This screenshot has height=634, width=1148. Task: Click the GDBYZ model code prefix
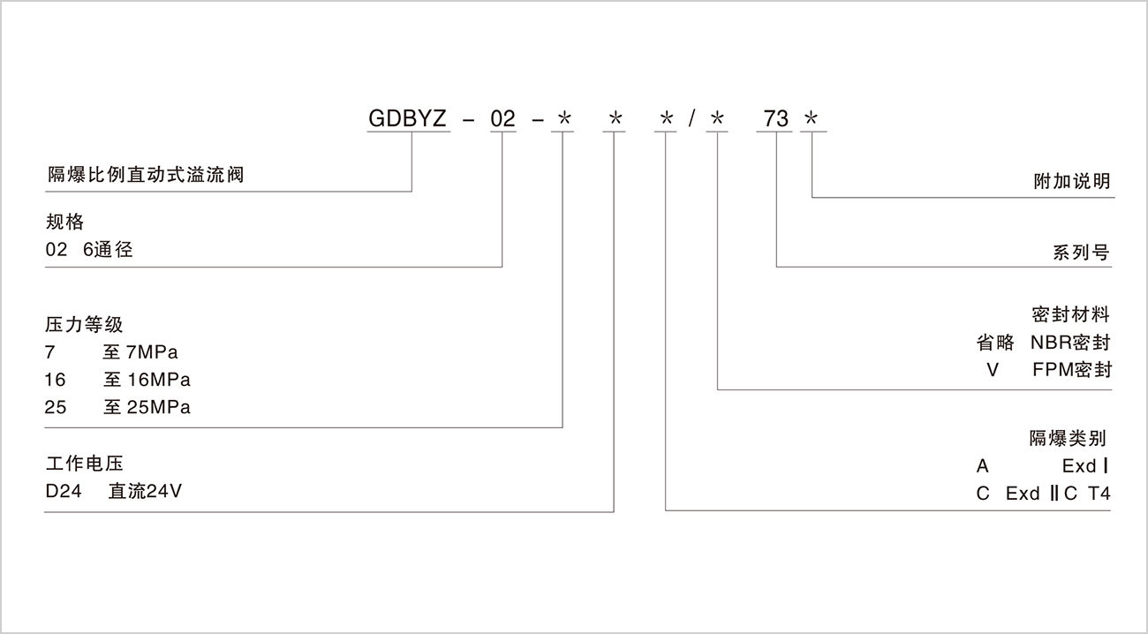(x=409, y=119)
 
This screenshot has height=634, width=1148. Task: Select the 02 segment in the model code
(x=502, y=119)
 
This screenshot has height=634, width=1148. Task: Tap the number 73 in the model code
(x=776, y=119)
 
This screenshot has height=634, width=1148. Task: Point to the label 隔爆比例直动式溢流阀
(x=145, y=175)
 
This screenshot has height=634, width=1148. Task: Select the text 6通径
(x=108, y=250)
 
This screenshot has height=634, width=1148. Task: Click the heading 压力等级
(x=84, y=324)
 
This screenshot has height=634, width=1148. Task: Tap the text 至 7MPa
(x=140, y=353)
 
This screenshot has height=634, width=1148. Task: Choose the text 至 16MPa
(x=146, y=381)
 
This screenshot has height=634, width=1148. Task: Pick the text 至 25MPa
(x=146, y=408)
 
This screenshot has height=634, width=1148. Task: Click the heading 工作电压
(x=84, y=463)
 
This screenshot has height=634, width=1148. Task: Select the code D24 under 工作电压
(x=64, y=492)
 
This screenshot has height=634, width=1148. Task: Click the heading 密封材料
(x=1070, y=314)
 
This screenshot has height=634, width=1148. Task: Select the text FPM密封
(x=1071, y=370)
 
